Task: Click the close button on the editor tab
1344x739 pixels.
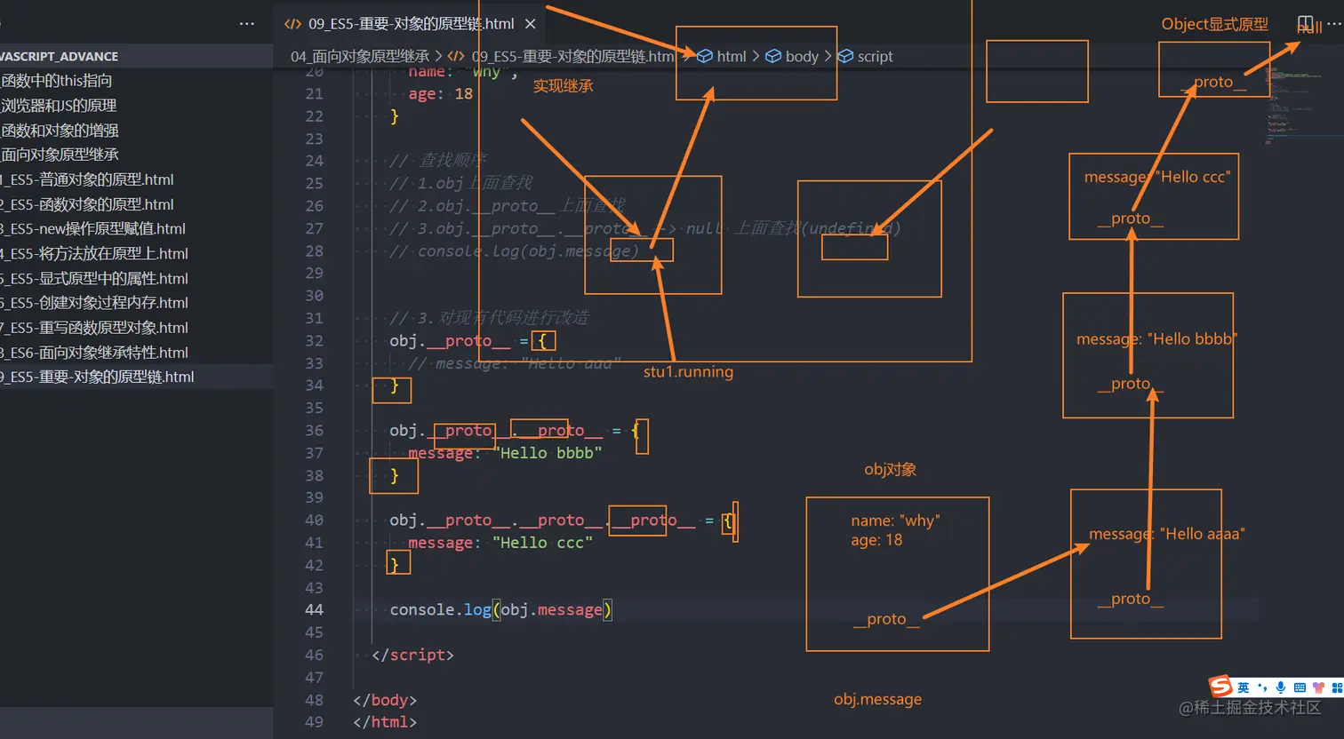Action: point(530,24)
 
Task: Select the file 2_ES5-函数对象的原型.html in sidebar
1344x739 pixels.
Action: point(89,204)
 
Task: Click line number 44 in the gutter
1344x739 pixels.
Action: point(314,610)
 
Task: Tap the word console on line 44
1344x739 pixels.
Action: point(422,610)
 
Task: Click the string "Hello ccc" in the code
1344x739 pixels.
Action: point(542,543)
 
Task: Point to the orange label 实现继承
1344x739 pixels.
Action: point(563,86)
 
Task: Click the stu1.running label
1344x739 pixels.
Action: point(688,372)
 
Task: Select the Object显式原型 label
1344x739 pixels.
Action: point(1214,24)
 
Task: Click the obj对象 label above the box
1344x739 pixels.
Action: point(890,470)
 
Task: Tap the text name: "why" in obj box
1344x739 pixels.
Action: point(895,520)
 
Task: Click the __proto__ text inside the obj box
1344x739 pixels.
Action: point(885,619)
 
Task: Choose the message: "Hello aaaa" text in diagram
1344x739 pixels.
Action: point(1166,534)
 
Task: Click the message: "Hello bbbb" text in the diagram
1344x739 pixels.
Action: point(1156,339)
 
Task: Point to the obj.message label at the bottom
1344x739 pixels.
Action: point(877,700)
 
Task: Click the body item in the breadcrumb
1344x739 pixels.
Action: point(801,56)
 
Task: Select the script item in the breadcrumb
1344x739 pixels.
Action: point(874,56)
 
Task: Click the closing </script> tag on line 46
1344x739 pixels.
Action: point(412,656)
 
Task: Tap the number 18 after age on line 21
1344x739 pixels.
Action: point(463,94)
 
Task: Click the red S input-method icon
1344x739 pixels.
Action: point(1220,686)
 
